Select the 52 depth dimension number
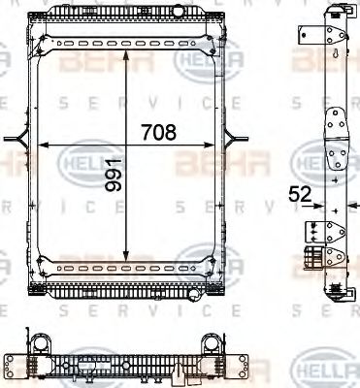click(x=301, y=195)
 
